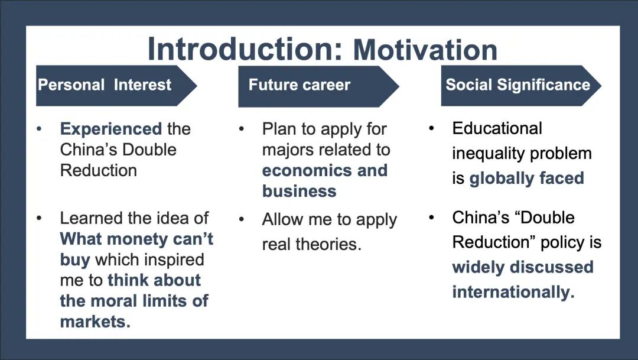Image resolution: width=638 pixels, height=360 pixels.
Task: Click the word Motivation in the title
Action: [425, 49]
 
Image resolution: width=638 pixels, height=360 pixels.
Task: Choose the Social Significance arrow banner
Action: [517, 85]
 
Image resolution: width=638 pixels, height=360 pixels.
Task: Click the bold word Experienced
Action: [111, 129]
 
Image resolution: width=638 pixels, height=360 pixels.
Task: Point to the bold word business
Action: [299, 192]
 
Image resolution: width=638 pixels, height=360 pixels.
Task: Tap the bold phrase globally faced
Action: [526, 179]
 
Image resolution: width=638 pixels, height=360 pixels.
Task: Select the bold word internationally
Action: [513, 292]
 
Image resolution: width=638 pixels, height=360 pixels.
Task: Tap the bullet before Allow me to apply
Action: [242, 219]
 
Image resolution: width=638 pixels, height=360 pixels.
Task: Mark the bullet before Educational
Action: [432, 128]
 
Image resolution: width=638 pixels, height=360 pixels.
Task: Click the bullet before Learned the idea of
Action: [40, 218]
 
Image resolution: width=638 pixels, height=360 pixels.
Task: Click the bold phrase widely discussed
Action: [522, 267]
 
